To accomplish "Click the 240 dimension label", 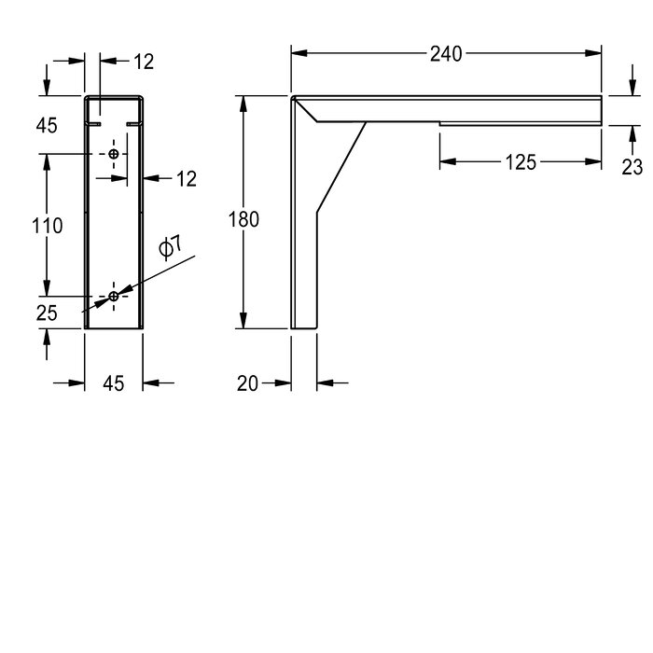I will pos(446,55).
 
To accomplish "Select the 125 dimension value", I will pos(521,162).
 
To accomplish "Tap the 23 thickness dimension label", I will pos(632,166).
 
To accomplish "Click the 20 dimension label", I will pos(248,382).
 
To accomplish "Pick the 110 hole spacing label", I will pos(47,225).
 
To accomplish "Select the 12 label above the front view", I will pos(143,62).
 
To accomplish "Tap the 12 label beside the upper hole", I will pos(187,178).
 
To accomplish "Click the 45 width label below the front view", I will pos(114,382).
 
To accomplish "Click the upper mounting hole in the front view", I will pos(114,153).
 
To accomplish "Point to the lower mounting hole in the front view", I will pos(114,296).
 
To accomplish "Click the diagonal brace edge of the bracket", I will pos(340,169).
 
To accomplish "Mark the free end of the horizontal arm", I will pos(601,109).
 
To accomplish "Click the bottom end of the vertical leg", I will pos(304,327).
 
